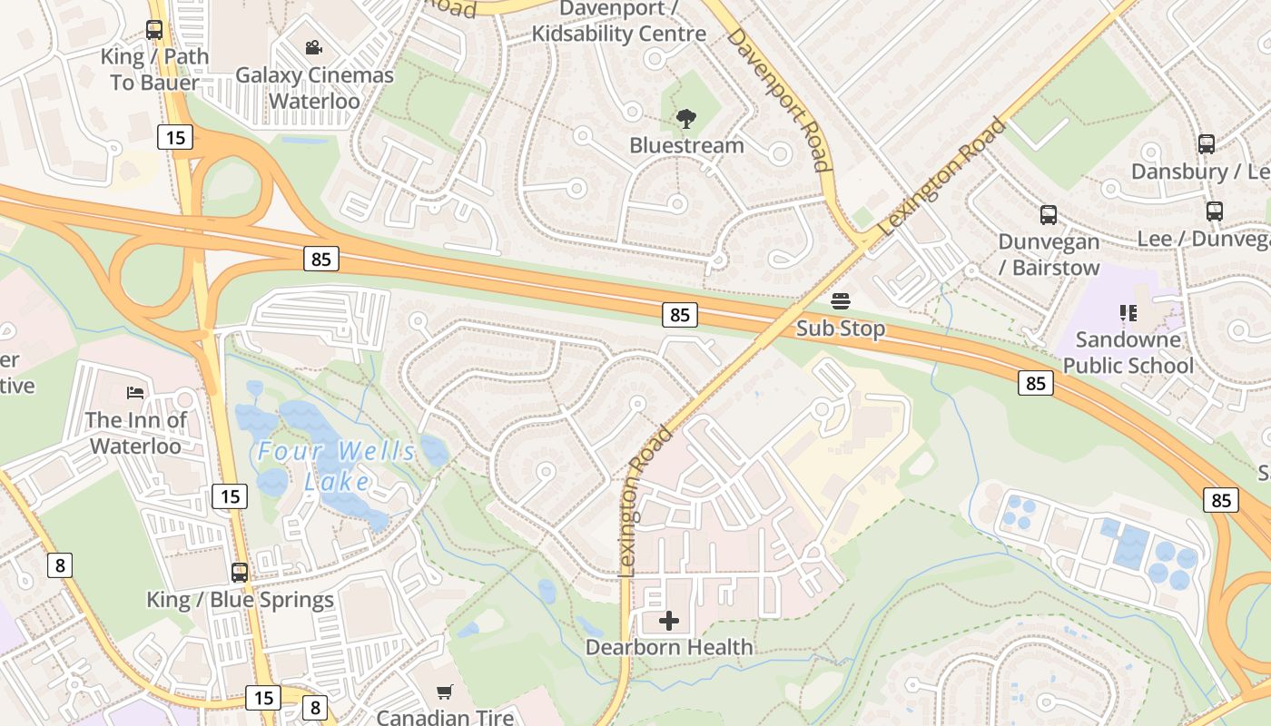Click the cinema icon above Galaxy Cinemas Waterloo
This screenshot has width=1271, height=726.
pos(314,47)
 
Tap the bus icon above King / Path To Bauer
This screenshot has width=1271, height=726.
pos(154,29)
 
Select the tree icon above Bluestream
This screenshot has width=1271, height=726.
pos(686,118)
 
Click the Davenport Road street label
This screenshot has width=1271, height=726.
pos(779,99)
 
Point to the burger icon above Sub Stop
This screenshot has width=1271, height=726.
pos(841,300)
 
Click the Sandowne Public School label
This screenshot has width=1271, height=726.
pos(1128,352)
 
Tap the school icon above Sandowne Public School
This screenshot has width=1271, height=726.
pos(1128,313)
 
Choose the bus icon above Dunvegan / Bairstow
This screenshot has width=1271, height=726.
pos(1049,215)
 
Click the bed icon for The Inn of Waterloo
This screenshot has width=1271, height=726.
pos(134,393)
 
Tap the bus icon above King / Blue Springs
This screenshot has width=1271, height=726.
pos(240,573)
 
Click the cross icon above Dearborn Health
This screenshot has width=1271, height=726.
pos(669,621)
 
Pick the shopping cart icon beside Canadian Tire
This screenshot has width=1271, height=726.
pos(444,692)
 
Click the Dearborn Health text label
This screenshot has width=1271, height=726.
pos(669,647)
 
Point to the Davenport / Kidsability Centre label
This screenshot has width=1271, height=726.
pos(619,21)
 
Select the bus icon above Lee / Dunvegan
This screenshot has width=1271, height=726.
pos(1215,211)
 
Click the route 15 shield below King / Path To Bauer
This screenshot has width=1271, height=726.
pos(174,137)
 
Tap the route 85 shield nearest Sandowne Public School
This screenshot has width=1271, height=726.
pos(1036,383)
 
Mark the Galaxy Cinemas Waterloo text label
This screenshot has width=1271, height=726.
pos(314,87)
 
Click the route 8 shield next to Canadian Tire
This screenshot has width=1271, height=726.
pos(315,707)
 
